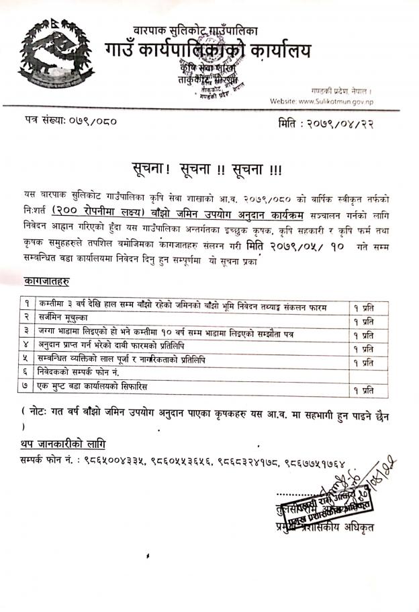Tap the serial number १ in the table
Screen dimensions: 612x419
[x=26, y=307]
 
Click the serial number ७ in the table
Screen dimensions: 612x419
[x=26, y=387]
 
